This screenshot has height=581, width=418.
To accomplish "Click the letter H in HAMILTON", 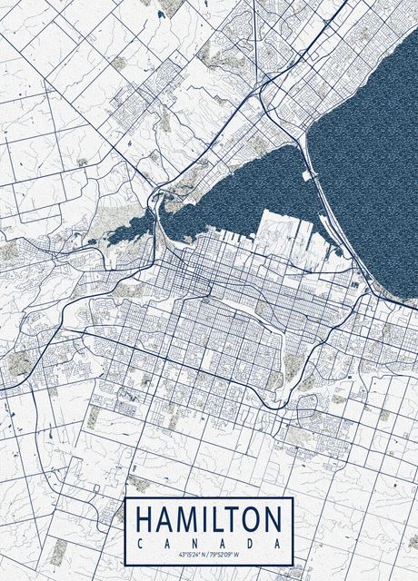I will [144, 520].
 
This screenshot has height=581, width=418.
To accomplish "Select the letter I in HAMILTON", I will [204, 520].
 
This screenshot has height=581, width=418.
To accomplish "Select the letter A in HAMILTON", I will [164, 520].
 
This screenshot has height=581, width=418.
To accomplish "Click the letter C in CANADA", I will [139, 542].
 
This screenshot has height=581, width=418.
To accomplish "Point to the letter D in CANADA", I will [250, 542].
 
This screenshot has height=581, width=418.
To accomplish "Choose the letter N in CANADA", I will [194, 542].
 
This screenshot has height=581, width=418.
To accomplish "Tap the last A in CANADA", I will [278, 542].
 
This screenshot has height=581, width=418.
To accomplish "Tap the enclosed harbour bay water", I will [245, 195].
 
